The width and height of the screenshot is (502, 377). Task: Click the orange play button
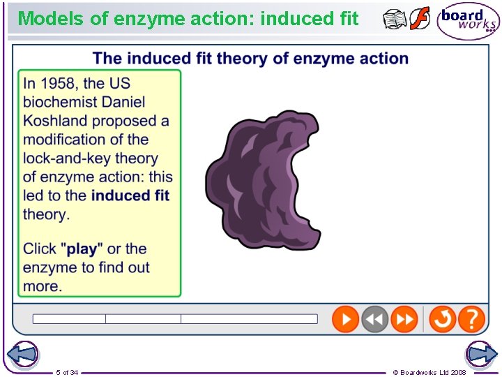click(345, 320)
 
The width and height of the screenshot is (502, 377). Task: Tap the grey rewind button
click(374, 320)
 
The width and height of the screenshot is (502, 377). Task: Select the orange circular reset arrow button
click(442, 320)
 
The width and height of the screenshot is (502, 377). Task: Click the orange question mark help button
click(472, 320)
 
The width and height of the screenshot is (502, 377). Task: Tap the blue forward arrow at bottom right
click(481, 354)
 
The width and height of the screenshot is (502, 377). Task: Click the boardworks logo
click(468, 21)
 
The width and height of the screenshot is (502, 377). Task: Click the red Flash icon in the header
click(420, 19)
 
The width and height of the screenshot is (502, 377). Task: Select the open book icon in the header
click(395, 20)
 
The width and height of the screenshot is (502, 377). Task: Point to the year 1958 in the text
click(58, 84)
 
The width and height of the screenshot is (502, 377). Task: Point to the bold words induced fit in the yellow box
click(130, 196)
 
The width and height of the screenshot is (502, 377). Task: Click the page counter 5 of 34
click(67, 372)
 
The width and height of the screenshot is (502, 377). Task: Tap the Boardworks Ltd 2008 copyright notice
click(429, 372)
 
